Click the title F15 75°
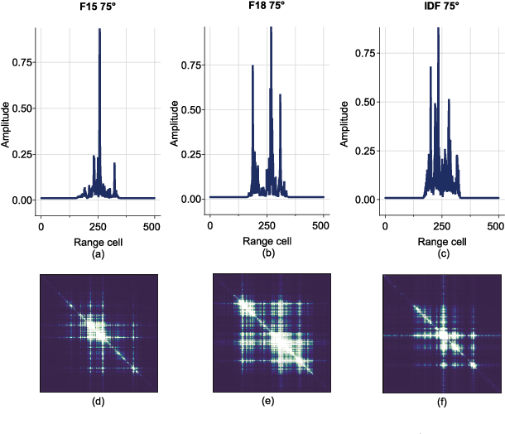97,7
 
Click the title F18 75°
267,7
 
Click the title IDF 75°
441,7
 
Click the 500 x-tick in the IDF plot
498,226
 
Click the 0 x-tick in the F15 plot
41,226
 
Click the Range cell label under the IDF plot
441,243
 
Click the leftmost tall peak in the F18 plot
252,66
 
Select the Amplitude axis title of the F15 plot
6,124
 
